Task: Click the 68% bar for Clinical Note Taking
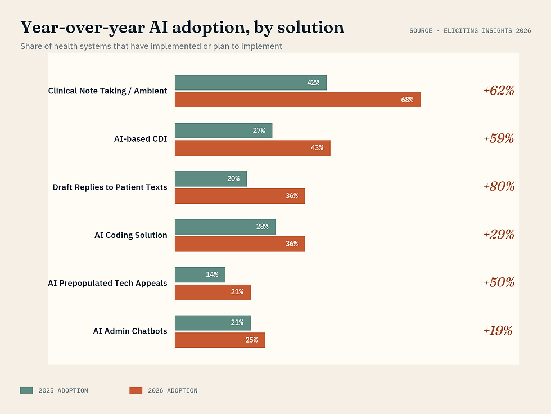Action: [297, 100]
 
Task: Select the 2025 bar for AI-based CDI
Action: [223, 130]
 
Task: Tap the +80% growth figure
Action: [499, 186]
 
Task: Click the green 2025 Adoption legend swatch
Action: [26, 390]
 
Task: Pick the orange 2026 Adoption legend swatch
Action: [136, 390]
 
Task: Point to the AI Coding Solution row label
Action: [130, 235]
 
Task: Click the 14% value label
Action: [212, 274]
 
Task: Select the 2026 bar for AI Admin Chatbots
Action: [219, 340]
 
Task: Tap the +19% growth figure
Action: [498, 330]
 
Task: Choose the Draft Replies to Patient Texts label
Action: [110, 187]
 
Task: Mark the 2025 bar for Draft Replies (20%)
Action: [210, 179]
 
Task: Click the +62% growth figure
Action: [499, 90]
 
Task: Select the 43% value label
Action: [317, 148]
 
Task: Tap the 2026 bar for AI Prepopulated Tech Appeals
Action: [212, 292]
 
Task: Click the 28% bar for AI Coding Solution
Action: [225, 227]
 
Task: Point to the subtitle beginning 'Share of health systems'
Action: [151, 46]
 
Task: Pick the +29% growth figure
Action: [499, 234]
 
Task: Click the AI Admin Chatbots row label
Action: [130, 331]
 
